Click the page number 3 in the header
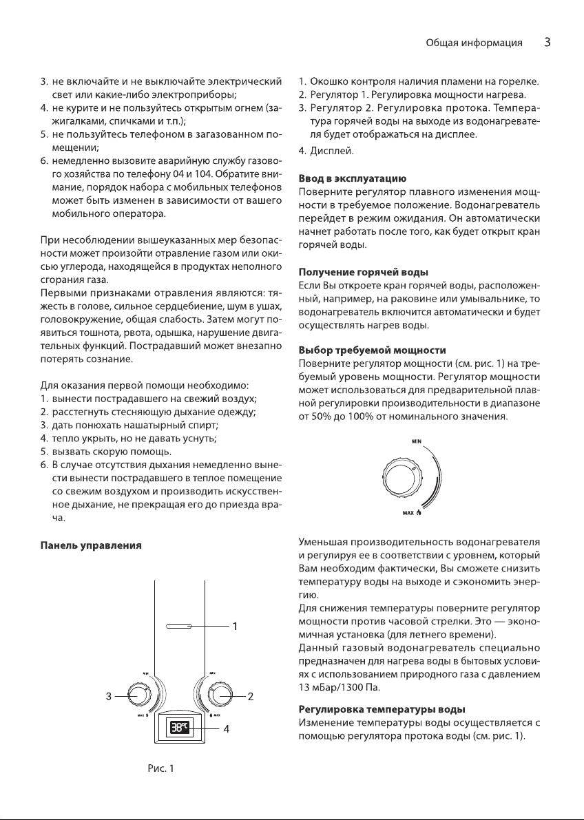(547, 43)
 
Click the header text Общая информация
(472, 43)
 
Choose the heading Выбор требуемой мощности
(372, 351)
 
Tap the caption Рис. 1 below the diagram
(160, 768)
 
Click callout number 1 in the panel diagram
(235, 627)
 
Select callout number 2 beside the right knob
(251, 696)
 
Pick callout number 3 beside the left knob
(109, 696)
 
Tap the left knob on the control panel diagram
(140, 695)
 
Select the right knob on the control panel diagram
(221, 695)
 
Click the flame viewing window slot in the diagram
(181, 627)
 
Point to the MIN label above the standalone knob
(416, 440)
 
